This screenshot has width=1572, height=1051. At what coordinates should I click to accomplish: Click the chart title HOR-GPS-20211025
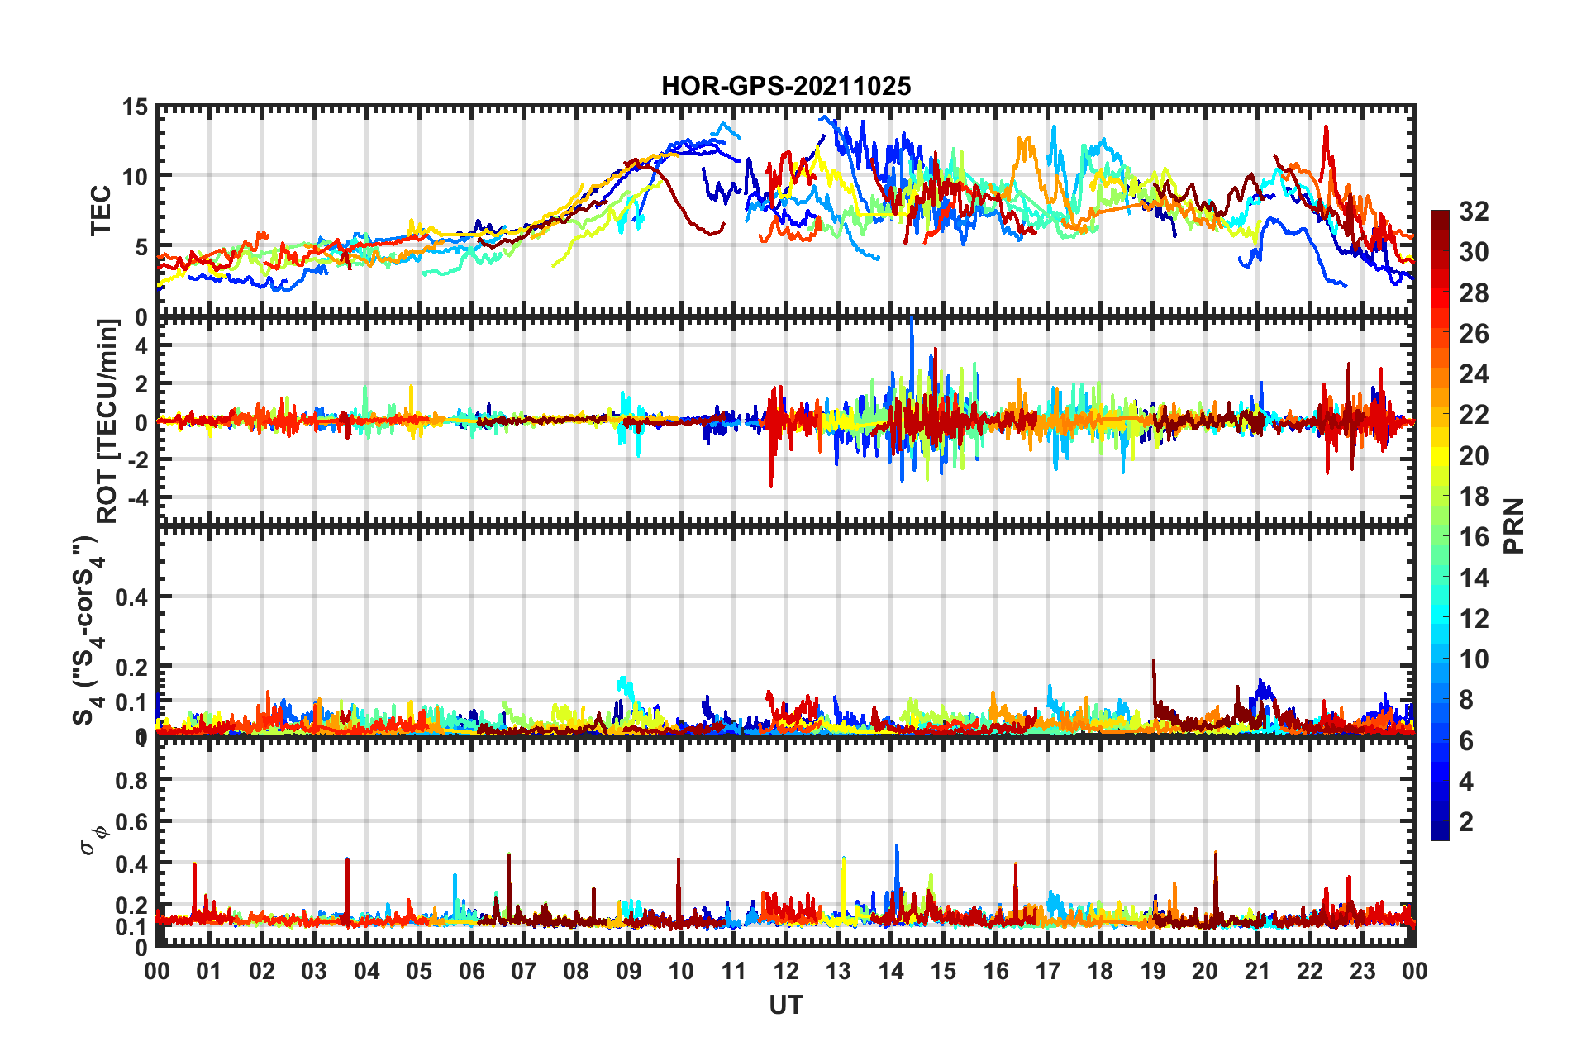785,86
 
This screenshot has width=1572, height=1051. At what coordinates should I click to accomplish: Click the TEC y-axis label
101,211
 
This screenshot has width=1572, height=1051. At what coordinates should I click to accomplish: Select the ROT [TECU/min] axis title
107,421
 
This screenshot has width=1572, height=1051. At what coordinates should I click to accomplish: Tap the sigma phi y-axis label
93,839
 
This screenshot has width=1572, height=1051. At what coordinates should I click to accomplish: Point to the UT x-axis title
785,1005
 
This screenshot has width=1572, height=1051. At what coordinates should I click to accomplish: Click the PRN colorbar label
1514,526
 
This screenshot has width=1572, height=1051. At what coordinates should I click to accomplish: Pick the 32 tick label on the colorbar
1473,212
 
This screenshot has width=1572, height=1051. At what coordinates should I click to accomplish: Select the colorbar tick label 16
1473,537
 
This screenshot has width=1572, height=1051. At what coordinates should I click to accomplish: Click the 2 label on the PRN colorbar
1466,822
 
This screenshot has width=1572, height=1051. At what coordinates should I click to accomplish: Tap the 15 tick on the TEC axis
135,107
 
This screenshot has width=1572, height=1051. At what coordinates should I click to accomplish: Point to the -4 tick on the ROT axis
140,498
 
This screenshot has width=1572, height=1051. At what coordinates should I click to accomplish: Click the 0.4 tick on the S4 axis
132,597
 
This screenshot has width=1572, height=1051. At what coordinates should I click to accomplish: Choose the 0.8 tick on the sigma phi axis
132,780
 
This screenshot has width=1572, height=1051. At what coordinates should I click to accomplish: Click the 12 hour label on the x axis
786,971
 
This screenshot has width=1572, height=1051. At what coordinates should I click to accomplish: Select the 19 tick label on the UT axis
1153,971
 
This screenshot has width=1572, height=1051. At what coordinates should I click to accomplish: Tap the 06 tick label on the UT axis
471,971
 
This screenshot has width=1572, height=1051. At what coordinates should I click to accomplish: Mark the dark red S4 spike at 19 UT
1153,662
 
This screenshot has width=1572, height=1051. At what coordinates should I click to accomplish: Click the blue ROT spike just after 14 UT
912,322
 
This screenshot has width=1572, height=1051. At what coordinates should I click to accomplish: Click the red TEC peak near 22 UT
1326,129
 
